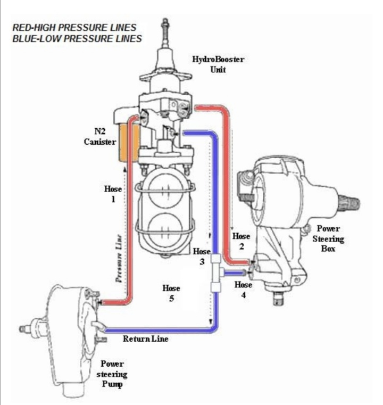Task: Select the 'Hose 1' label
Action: click(x=113, y=193)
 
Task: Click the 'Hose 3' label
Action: click(x=201, y=257)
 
